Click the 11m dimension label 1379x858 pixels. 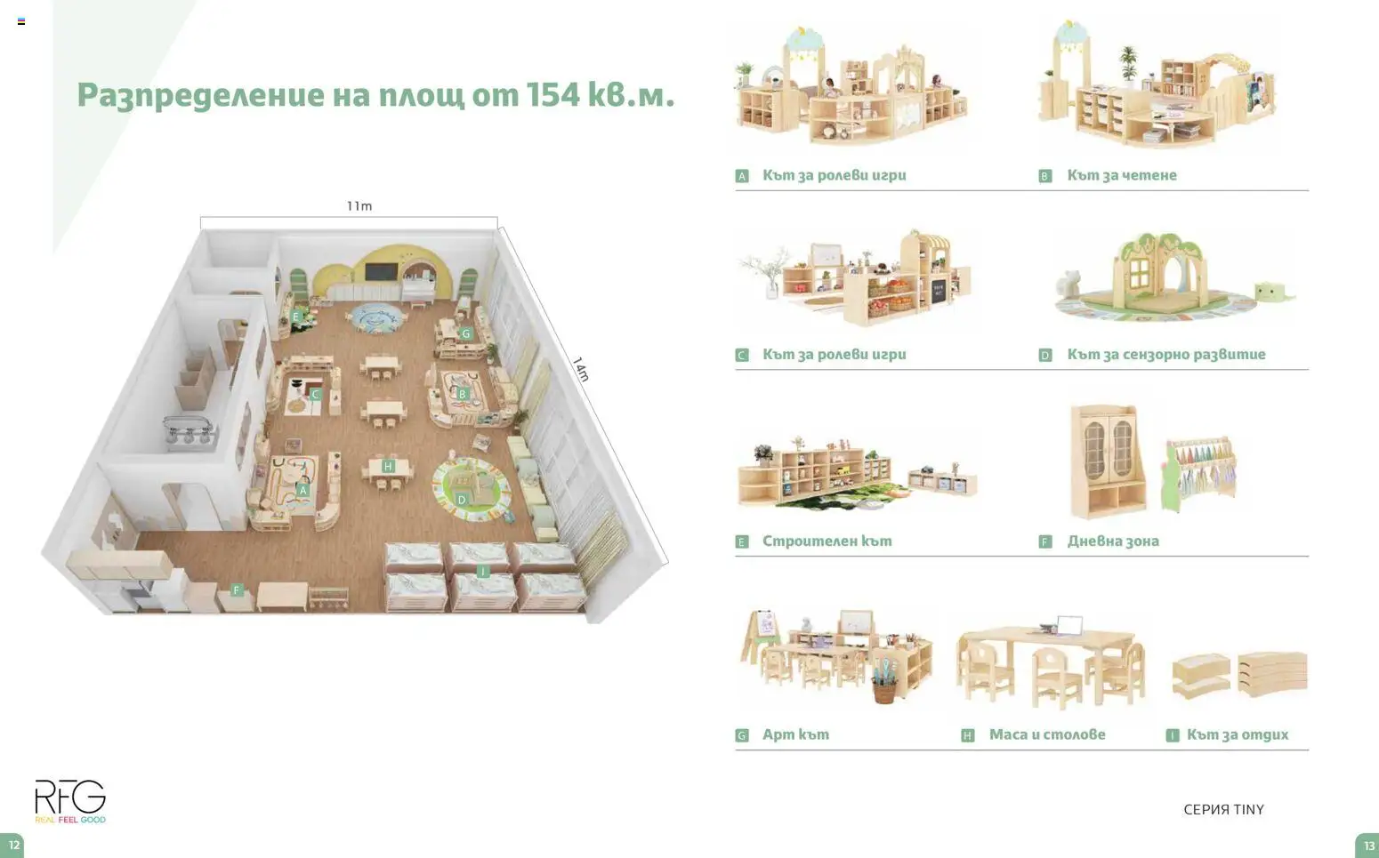(359, 206)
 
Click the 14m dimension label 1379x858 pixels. (581, 369)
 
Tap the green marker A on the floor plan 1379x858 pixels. (302, 490)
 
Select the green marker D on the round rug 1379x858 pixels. (462, 500)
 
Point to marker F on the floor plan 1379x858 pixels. (237, 589)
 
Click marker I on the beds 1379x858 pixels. (482, 572)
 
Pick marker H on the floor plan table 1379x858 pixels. (388, 466)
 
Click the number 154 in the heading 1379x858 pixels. (552, 95)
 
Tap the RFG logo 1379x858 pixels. (70, 801)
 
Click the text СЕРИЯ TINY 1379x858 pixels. (1224, 809)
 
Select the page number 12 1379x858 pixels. (13, 845)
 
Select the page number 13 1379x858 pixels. (1368, 846)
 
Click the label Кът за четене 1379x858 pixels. (1122, 175)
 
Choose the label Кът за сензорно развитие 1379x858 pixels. (1166, 354)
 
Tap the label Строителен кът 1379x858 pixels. (827, 541)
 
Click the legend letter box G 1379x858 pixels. (742, 735)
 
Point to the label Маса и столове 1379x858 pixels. (1047, 734)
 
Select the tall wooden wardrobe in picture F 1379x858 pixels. (1108, 461)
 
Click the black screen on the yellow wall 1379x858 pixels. (381, 271)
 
